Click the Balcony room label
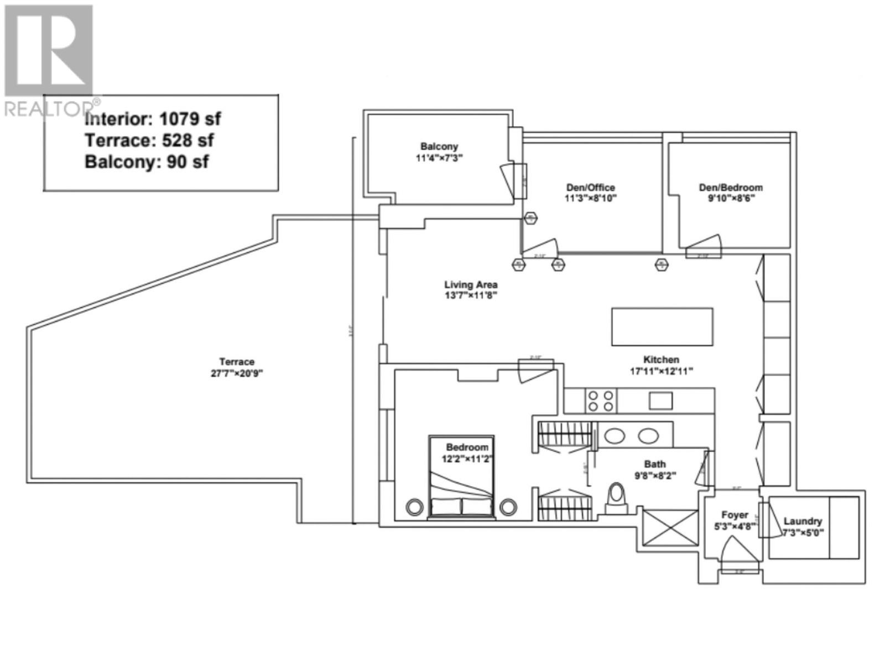pyautogui.click(x=439, y=147)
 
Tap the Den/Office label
pyautogui.click(x=590, y=188)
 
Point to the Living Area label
pyautogui.click(x=471, y=284)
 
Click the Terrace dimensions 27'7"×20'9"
pyautogui.click(x=236, y=373)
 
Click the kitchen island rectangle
pyautogui.click(x=662, y=327)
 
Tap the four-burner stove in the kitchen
pyautogui.click(x=601, y=401)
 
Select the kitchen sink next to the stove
pyautogui.click(x=660, y=401)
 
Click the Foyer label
pyautogui.click(x=735, y=515)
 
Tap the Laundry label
pyautogui.click(x=803, y=521)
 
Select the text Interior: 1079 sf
pyautogui.click(x=153, y=119)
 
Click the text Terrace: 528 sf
pyautogui.click(x=149, y=141)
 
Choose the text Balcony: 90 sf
pyautogui.click(x=147, y=162)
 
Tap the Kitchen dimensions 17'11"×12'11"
pyautogui.click(x=661, y=371)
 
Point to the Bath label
pyautogui.click(x=655, y=464)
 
